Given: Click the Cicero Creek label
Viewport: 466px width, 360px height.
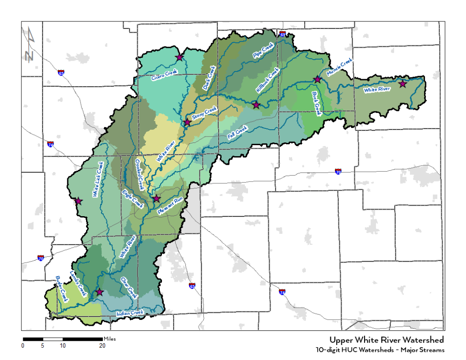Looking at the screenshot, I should tap(164, 75).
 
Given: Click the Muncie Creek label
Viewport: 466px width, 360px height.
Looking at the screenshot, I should tap(339, 67).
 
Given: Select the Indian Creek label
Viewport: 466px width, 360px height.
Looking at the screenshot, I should tap(130, 314).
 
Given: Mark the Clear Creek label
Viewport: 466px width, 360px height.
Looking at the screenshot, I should tap(129, 287).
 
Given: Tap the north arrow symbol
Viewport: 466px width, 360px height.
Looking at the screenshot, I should tap(30, 45).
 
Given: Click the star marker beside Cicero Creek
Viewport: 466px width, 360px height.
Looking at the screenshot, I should tap(180, 57).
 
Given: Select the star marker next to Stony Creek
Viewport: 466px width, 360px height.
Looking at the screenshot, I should tap(187, 122).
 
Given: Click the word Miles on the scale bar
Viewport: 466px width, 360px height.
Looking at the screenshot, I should tap(110, 339).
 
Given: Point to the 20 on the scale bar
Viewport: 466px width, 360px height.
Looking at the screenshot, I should tap(102, 345).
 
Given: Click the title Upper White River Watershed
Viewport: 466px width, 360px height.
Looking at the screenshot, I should tap(386, 340).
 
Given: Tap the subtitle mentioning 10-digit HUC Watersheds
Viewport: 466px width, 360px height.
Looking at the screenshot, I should tap(380, 350).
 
